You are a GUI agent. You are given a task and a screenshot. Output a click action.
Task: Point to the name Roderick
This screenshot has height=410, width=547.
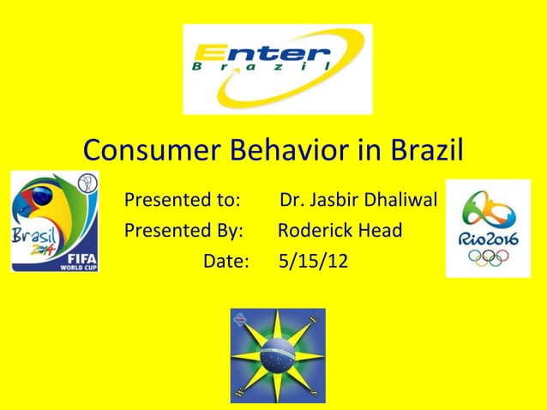click(x=313, y=231)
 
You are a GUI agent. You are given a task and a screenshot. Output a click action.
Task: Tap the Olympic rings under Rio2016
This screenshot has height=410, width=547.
click(x=488, y=259)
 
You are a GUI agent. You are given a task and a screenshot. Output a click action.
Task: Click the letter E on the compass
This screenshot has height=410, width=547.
click(x=314, y=319)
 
